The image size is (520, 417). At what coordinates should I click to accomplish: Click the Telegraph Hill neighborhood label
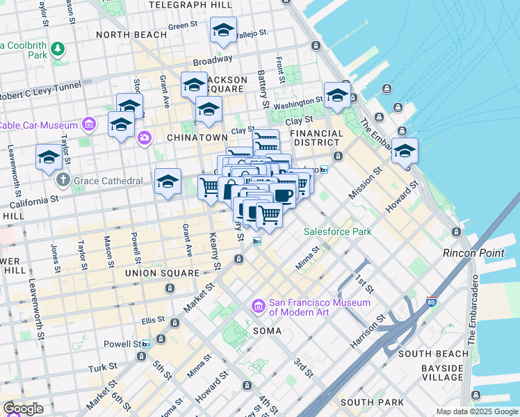(191, 5)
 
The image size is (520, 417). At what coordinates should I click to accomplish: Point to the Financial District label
(316, 138)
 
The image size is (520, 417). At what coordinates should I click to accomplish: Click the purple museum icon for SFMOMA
(258, 306)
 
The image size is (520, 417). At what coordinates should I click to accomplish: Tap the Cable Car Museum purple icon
(88, 125)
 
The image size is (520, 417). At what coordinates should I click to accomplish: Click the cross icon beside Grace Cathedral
(63, 181)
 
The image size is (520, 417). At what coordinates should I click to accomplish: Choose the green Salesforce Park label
(337, 231)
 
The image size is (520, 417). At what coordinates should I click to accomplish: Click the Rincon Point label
(473, 253)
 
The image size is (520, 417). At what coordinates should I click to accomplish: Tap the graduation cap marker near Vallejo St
(222, 31)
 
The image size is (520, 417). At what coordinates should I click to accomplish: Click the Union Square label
(162, 273)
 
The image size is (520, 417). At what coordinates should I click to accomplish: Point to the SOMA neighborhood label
(267, 331)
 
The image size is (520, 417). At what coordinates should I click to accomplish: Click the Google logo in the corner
(23, 409)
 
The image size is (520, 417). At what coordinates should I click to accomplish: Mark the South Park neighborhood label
(372, 402)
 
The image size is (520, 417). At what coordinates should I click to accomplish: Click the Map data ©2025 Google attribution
(477, 411)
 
